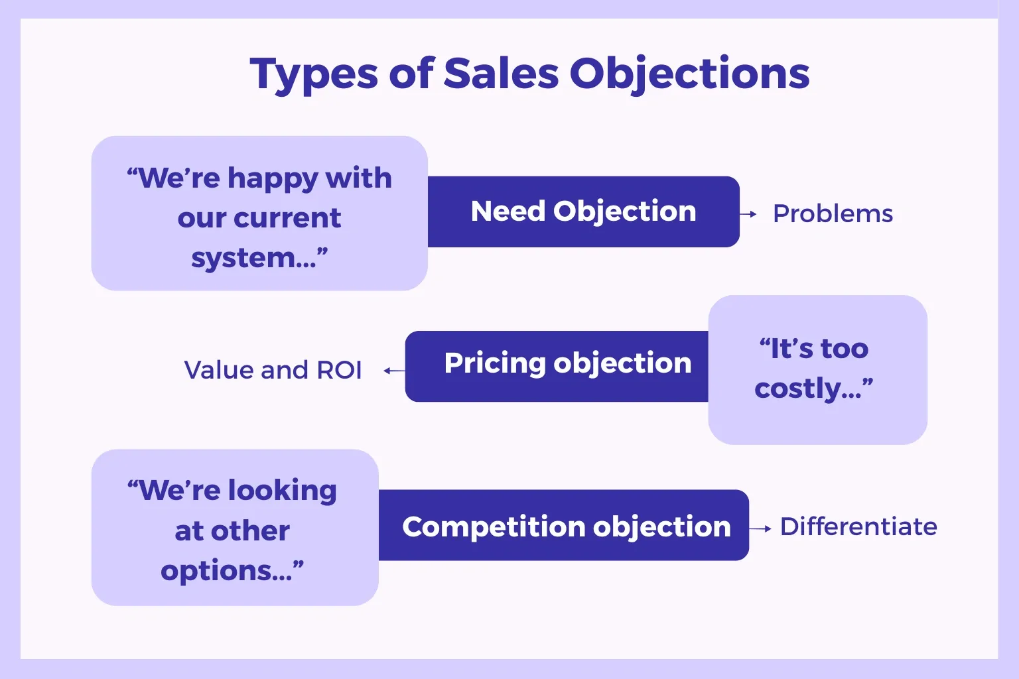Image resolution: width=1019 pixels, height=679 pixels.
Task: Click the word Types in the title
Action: pos(314,74)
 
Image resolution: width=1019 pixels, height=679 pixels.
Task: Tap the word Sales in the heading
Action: pos(501,73)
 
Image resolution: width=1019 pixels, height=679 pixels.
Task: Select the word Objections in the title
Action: pos(690,74)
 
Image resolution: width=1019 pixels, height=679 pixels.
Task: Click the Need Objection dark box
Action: pos(584,212)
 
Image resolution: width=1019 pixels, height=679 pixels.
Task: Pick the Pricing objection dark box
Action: pos(557,366)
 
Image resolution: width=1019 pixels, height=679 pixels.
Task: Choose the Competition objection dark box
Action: pos(564,525)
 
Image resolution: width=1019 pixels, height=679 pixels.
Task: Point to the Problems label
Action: pos(833,214)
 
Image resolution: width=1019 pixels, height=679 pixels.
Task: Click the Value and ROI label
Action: pos(273,369)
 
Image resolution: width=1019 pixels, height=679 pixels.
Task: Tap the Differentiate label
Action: pos(859,526)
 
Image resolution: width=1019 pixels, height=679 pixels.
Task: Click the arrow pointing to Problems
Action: pos(748,214)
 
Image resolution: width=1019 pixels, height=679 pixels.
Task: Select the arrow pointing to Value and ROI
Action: pos(395,371)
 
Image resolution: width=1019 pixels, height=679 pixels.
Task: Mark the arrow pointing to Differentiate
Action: pos(760,528)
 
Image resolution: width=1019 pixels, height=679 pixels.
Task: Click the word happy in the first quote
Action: pos(272,179)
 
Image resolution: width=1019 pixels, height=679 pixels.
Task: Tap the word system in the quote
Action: pos(243,259)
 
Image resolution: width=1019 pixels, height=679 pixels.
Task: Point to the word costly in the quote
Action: pos(798,389)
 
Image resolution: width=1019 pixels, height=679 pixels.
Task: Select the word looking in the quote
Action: pos(282,491)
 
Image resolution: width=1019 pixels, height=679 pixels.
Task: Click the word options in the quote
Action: pos(216,571)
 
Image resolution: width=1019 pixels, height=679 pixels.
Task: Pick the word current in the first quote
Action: pos(287,218)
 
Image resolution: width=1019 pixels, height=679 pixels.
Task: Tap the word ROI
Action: pos(339,370)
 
